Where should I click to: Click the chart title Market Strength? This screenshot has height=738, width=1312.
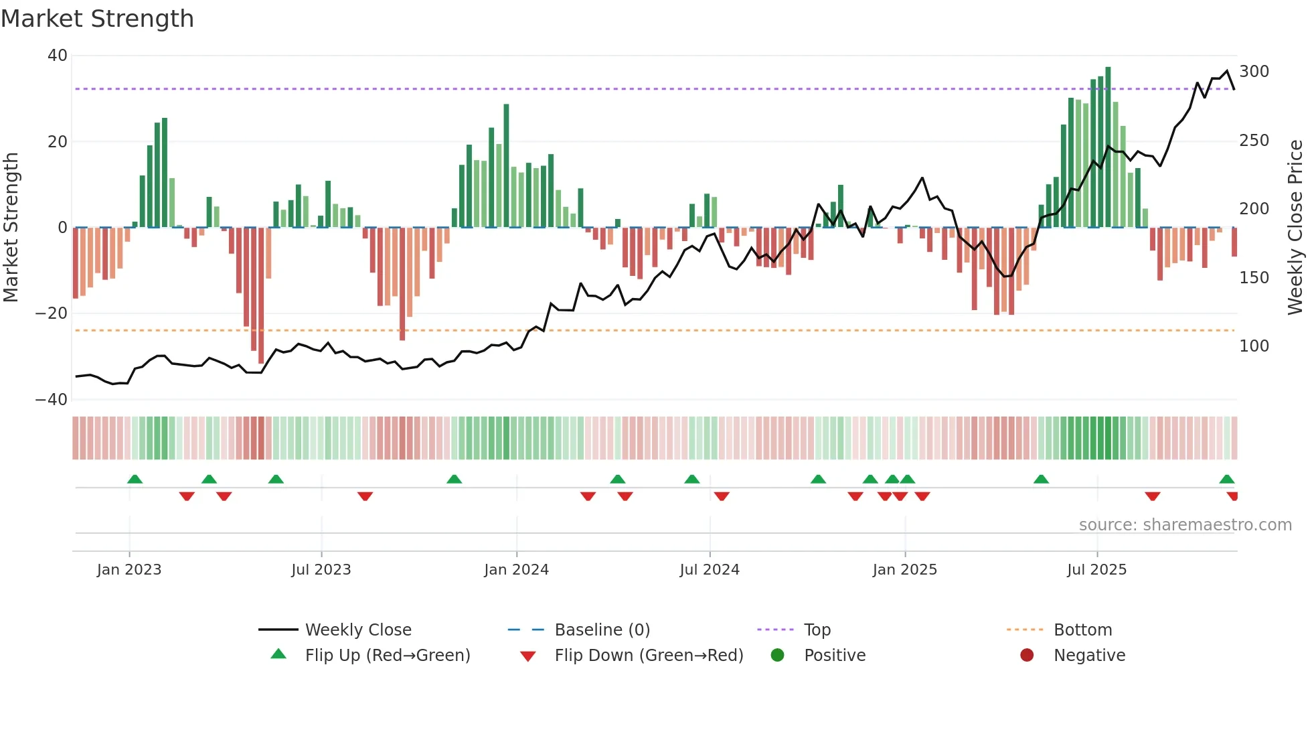[97, 19]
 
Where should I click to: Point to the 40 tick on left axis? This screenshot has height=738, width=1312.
[58, 56]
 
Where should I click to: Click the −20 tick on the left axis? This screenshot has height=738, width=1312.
[52, 313]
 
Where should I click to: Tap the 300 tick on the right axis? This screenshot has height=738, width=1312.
[1254, 72]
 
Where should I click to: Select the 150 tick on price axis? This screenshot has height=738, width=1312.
[1254, 278]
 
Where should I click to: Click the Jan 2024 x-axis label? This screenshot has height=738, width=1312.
[516, 570]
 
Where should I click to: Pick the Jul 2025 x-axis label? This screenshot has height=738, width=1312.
[1096, 570]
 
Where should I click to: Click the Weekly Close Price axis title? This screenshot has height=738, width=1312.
[1296, 228]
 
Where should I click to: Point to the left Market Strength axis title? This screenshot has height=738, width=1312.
[11, 228]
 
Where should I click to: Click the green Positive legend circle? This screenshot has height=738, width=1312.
[777, 655]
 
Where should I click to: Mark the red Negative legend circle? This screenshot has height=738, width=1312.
[1027, 655]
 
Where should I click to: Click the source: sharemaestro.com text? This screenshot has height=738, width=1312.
[1185, 525]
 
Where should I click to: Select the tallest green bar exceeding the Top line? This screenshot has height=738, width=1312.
[1108, 147]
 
